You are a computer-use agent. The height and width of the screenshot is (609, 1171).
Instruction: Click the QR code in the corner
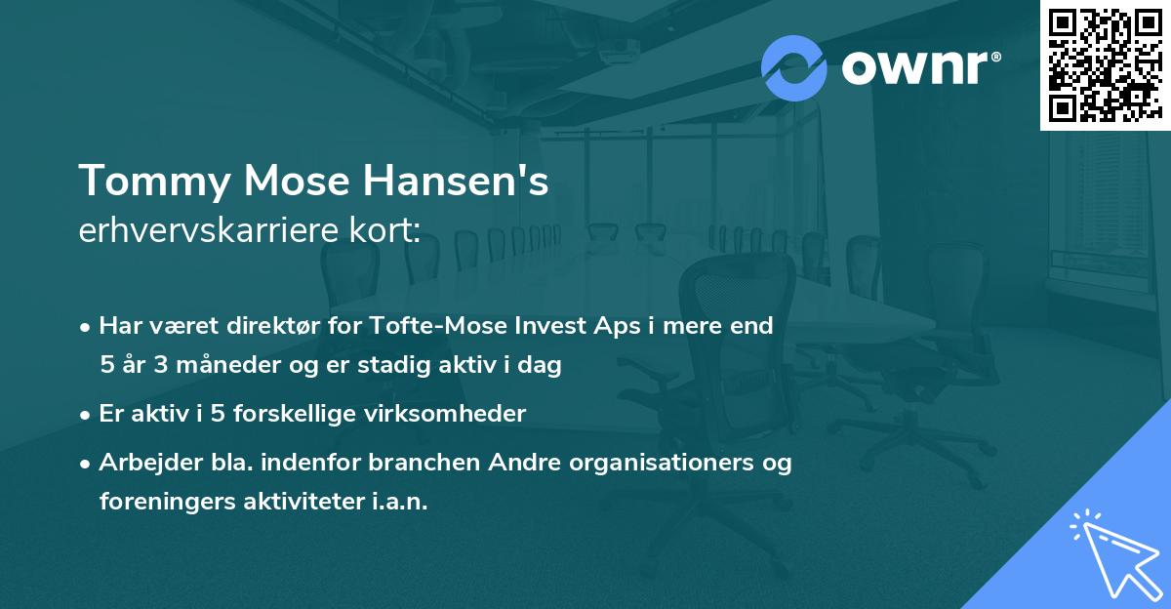[x=1105, y=64]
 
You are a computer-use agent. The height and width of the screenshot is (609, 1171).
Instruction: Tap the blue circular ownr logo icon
[x=793, y=68]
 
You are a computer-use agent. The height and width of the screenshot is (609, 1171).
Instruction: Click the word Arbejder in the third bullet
[x=143, y=463]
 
